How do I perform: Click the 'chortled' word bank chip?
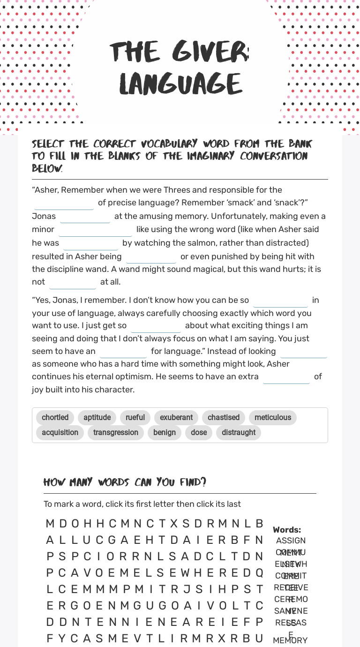(55, 418)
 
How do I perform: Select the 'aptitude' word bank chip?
(97, 418)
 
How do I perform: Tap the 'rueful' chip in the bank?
(135, 418)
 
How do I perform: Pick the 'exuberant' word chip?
(176, 418)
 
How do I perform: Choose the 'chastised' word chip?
(224, 418)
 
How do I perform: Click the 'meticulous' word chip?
(273, 418)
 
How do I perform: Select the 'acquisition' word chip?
(60, 433)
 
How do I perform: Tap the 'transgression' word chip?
(116, 433)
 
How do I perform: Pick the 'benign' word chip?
(165, 433)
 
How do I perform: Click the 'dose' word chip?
(199, 433)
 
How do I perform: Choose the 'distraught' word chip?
(239, 433)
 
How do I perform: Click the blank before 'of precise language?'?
(64, 203)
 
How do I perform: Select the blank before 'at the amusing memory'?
(85, 217)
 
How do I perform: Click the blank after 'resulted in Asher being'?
(151, 257)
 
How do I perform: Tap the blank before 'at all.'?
(73, 282)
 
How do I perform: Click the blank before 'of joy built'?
(286, 377)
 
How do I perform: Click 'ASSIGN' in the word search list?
(291, 541)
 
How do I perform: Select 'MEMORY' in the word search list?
(290, 640)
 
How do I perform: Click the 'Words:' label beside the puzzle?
(287, 530)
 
